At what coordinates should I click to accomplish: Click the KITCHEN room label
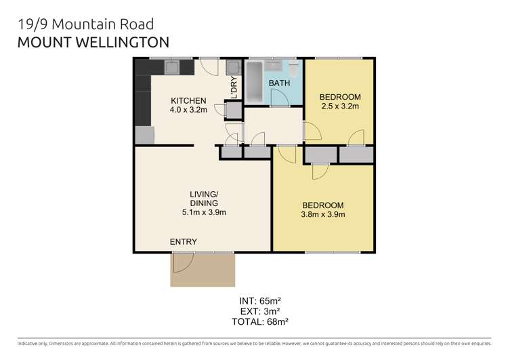188,100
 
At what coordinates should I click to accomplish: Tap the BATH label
279,83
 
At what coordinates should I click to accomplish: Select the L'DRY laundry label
234,87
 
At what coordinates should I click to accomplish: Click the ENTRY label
184,241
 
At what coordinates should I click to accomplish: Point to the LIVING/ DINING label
204,199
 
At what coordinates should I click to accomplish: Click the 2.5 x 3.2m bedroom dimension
340,106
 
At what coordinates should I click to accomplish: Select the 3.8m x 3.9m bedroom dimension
322,214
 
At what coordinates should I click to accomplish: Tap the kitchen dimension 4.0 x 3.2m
188,110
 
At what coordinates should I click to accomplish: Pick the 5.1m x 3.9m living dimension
204,212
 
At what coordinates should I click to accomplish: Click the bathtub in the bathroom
254,82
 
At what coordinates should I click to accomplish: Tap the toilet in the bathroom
293,68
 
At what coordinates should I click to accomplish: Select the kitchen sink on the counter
172,68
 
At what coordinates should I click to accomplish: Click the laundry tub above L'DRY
233,68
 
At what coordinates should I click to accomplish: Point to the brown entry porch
203,270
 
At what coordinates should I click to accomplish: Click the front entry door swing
183,262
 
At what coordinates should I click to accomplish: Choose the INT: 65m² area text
260,301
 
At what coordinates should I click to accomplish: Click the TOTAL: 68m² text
260,322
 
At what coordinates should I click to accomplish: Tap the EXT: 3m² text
260,311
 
